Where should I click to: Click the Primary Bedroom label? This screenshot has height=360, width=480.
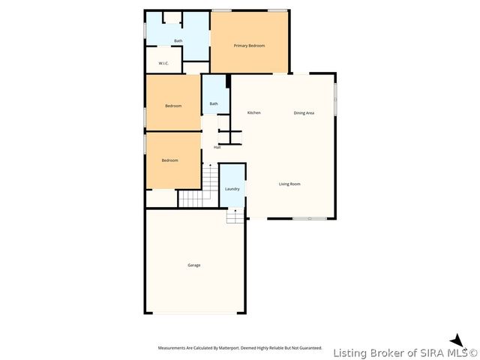click(x=249, y=46)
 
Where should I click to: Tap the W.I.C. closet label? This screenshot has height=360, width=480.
click(x=163, y=63)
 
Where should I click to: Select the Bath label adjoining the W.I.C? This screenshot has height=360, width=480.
click(x=178, y=40)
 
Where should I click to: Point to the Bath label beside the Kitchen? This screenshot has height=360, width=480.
click(x=214, y=103)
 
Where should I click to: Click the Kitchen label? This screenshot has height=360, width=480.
click(x=254, y=112)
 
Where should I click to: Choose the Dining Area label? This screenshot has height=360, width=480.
click(x=304, y=112)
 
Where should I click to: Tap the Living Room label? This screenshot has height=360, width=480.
click(x=289, y=184)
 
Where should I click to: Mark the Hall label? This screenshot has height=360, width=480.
click(x=217, y=147)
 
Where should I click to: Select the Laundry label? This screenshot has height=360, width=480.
click(x=232, y=188)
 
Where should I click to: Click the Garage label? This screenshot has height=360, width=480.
click(x=193, y=265)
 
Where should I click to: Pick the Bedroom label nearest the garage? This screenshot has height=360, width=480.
click(x=169, y=160)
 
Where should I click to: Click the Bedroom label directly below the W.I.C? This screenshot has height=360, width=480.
click(x=173, y=106)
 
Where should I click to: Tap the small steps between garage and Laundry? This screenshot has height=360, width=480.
click(x=235, y=215)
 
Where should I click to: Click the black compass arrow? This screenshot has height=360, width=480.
click(x=457, y=340)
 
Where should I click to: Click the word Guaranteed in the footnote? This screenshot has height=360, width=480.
click(x=307, y=348)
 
